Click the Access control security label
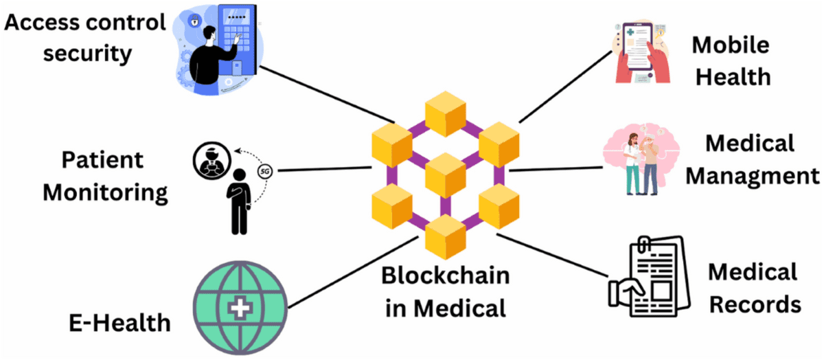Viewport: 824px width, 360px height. click(x=85, y=37)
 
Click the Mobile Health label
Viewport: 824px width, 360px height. click(x=730, y=60)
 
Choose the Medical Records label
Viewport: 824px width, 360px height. click(x=754, y=287)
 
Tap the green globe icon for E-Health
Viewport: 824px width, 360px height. click(x=240, y=308)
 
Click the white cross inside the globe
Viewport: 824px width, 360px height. click(x=240, y=309)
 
